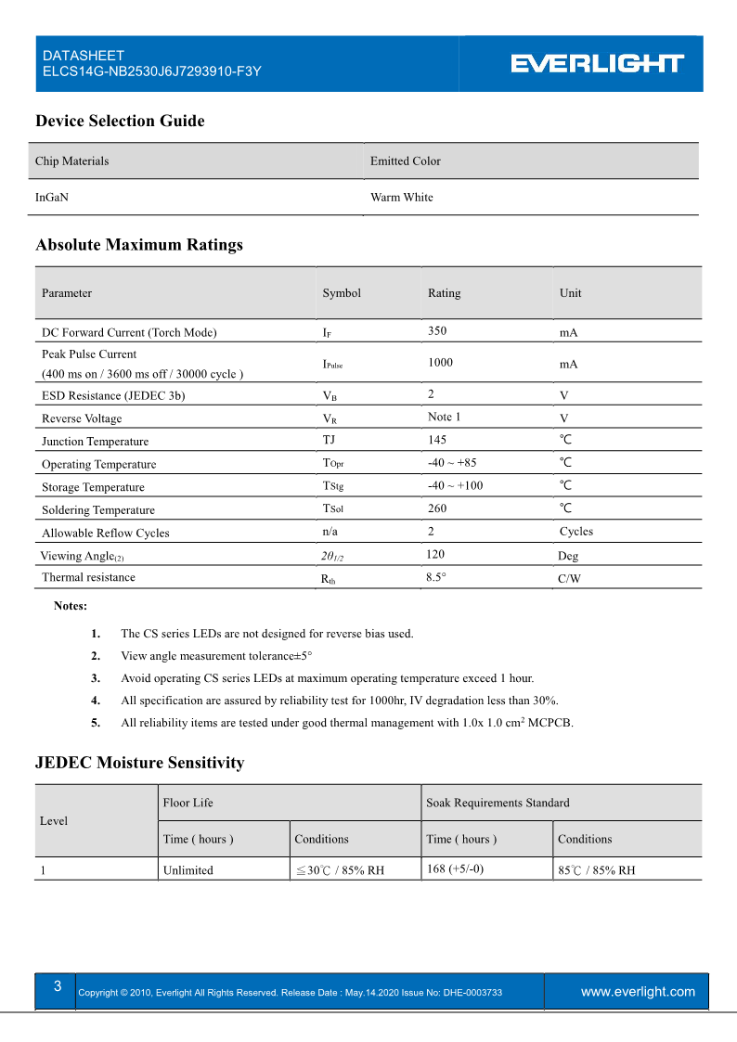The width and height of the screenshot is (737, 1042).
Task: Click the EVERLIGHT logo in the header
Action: (x=598, y=63)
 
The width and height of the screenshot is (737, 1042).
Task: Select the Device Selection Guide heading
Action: (x=120, y=121)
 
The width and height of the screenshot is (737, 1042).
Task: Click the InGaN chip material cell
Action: (x=52, y=197)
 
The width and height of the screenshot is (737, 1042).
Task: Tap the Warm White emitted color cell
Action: (x=401, y=197)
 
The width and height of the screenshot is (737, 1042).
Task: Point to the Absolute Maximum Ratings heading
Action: (x=139, y=245)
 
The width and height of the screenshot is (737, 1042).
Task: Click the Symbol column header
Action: (x=342, y=293)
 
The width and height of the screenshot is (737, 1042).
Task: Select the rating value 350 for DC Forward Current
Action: (x=437, y=330)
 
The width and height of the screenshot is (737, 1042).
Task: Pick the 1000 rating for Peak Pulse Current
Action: (x=440, y=363)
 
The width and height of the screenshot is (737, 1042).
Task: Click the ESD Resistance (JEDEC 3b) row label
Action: (x=113, y=395)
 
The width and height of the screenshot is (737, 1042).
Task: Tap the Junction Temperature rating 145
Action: (x=437, y=440)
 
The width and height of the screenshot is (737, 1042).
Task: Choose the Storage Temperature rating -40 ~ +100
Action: (x=455, y=485)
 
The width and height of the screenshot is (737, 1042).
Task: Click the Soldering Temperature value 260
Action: (x=437, y=508)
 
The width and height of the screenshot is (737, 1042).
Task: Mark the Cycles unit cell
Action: (x=575, y=532)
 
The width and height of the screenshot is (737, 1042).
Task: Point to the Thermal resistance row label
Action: (x=88, y=577)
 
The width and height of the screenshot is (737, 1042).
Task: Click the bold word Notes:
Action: (x=71, y=606)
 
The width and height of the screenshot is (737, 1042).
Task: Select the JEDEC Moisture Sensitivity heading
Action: (x=139, y=763)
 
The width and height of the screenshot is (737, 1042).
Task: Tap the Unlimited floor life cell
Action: (x=188, y=870)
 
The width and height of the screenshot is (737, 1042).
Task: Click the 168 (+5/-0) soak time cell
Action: (x=455, y=869)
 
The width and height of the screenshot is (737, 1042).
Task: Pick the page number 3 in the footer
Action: (x=58, y=986)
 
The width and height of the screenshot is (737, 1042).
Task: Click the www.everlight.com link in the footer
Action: (x=638, y=992)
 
